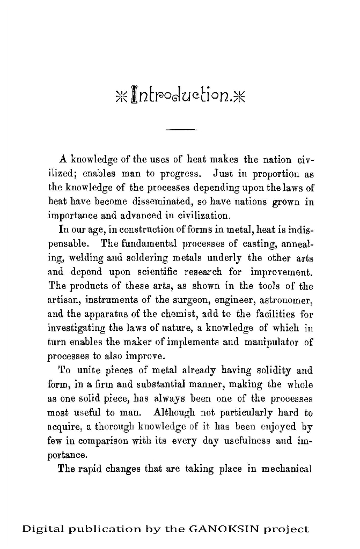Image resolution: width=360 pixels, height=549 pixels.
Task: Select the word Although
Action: (175, 413)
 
